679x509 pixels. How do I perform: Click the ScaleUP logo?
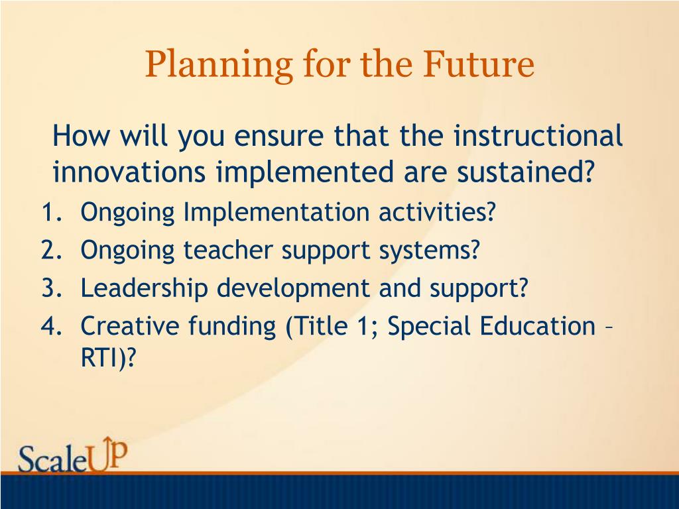[73, 455]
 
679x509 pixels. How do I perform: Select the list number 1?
[52, 212]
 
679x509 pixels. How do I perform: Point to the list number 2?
[52, 250]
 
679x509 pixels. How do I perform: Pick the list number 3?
[52, 288]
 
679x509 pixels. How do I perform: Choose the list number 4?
[52, 326]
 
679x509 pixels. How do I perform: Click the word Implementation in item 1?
[277, 213]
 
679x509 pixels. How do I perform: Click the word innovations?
[129, 172]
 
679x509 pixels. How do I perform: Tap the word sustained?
[525, 172]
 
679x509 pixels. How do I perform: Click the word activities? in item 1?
[437, 212]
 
